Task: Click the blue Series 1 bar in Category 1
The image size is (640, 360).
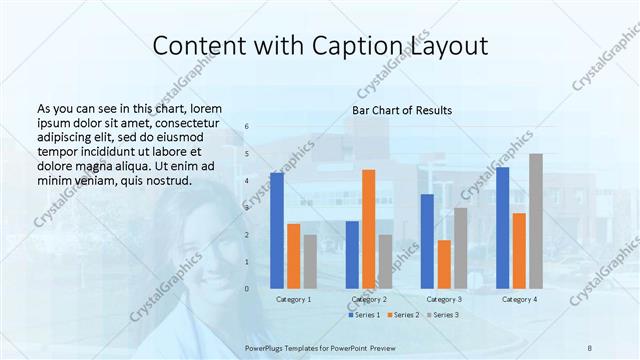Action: click(277, 230)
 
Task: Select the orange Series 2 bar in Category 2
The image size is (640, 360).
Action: click(368, 228)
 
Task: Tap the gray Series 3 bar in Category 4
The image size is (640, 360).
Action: click(536, 220)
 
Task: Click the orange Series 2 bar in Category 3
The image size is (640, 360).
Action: click(444, 264)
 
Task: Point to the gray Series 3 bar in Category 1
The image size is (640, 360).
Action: click(310, 261)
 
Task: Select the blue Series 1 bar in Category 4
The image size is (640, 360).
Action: click(502, 227)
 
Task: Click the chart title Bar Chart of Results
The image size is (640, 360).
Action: click(402, 110)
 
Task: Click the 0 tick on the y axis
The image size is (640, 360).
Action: click(247, 289)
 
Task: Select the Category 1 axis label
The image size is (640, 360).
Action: click(293, 299)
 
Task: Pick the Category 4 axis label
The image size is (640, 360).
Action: click(519, 299)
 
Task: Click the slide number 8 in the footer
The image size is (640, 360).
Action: click(589, 345)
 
